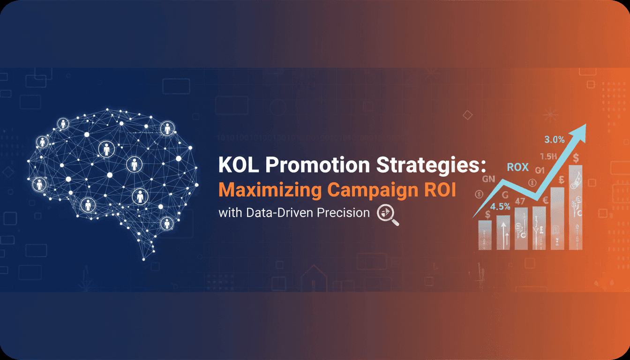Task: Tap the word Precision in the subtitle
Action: [x=343, y=212]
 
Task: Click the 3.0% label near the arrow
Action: [x=554, y=139]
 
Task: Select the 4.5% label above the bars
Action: [x=500, y=206]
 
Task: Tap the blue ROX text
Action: [x=517, y=167]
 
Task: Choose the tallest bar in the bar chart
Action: [x=575, y=206]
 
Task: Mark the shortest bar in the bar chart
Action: [x=485, y=234]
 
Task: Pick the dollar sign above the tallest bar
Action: [x=575, y=156]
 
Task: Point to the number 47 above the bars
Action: [x=520, y=202]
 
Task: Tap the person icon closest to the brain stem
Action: [x=166, y=223]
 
